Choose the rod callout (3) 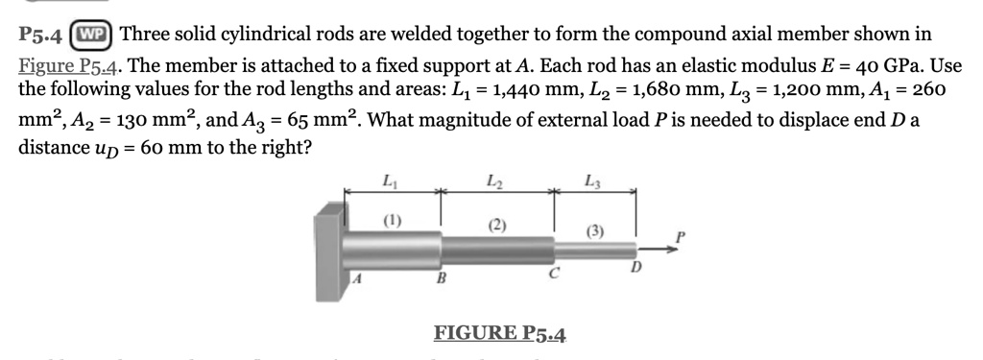pyautogui.click(x=596, y=231)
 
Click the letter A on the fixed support pyautogui.click(x=356, y=279)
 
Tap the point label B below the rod pyautogui.click(x=442, y=281)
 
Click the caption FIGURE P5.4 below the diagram pyautogui.click(x=500, y=333)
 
